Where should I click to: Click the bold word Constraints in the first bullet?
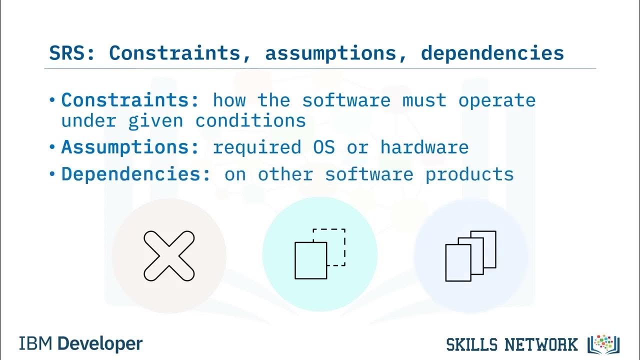[130, 100]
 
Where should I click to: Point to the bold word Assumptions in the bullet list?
[130, 147]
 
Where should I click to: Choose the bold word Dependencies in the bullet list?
[135, 174]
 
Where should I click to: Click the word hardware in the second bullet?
[424, 147]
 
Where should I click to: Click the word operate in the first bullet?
[496, 100]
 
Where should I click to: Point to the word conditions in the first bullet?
[250, 120]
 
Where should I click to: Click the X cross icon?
[169, 255]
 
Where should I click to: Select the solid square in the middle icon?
[310, 260]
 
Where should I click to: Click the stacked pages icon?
[470, 255]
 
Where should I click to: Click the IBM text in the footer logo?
[36, 344]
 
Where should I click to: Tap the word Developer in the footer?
[100, 344]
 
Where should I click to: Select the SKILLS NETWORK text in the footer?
[511, 344]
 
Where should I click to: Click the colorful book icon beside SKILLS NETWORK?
[604, 344]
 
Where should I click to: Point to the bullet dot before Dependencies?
[52, 175]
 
